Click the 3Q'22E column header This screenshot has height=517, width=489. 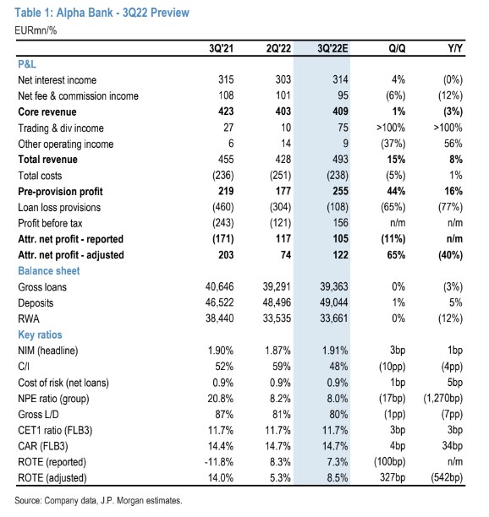[x=332, y=48]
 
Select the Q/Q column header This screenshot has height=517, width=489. [x=397, y=48]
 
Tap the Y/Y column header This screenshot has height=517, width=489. [x=455, y=48]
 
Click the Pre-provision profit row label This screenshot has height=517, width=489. [x=60, y=192]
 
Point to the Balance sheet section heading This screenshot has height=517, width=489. [x=49, y=270]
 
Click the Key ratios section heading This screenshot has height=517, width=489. [x=40, y=335]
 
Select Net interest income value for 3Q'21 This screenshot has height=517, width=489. [x=226, y=79]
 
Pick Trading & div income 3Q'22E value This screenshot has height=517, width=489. [x=343, y=128]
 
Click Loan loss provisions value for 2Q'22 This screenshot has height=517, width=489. [x=280, y=207]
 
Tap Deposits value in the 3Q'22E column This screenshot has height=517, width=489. [x=334, y=302]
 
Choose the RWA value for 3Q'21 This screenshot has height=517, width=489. [x=220, y=318]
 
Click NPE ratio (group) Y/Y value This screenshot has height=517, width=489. [x=443, y=399]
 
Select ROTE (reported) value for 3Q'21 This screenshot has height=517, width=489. [x=219, y=462]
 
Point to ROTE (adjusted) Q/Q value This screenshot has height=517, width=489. [x=393, y=478]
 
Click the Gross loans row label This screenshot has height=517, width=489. [x=42, y=287]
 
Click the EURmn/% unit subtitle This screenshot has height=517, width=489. [x=36, y=30]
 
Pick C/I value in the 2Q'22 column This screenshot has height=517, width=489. [x=282, y=367]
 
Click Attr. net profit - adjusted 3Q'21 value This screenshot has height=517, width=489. [x=226, y=255]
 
